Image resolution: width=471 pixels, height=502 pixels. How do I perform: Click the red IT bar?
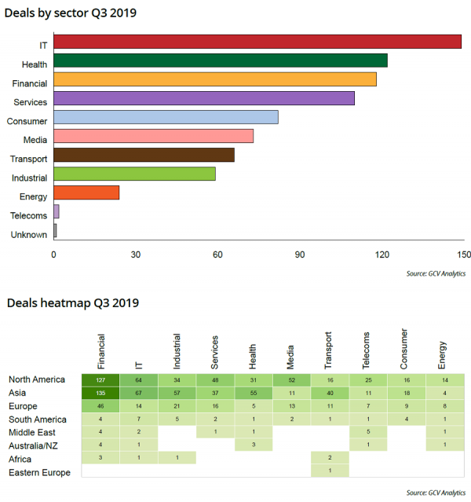coord(257,42)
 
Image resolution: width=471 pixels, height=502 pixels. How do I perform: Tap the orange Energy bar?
coord(86,193)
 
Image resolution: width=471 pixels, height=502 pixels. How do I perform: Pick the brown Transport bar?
coord(144,156)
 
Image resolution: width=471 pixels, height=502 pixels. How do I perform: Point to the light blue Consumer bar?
coord(166,118)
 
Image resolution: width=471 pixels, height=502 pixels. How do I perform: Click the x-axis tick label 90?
coord(300,255)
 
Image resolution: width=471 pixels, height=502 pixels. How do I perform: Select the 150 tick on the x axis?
coord(464,255)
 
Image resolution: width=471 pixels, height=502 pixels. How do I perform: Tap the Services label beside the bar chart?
coord(31,102)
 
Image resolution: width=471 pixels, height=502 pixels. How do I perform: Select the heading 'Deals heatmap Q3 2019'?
coord(73,303)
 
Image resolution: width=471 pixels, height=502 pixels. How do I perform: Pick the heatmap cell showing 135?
coord(100,393)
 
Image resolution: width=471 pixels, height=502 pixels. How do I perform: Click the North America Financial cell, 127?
coord(100,379)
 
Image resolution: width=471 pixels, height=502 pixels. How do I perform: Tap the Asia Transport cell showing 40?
coord(330,393)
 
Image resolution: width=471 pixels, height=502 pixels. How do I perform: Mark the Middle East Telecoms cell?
coord(368,431)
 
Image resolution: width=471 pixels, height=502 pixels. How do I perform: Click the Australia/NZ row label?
coord(32,445)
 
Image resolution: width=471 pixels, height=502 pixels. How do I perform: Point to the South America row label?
coord(37,419)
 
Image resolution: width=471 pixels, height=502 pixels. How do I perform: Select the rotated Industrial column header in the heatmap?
coord(177,351)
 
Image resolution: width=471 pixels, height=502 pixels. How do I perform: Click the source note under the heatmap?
coord(436,493)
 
